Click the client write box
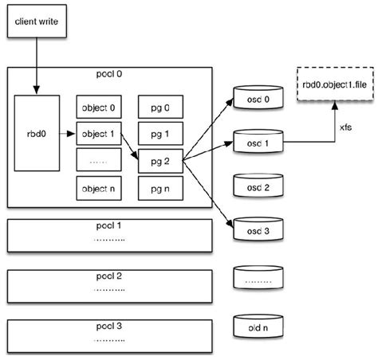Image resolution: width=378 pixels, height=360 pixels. tap(37, 22)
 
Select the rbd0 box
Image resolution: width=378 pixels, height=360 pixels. tap(37, 133)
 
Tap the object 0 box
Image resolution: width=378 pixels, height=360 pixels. tap(99, 107)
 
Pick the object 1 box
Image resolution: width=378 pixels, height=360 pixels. tap(99, 134)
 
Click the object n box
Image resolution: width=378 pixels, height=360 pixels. tap(99, 188)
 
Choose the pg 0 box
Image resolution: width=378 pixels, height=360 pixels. tap(160, 107)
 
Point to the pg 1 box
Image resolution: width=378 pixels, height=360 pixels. tap(160, 134)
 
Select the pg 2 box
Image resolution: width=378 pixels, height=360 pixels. tap(160, 161)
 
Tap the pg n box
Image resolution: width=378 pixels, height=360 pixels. tap(160, 188)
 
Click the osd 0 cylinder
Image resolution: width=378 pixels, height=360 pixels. tap(258, 97)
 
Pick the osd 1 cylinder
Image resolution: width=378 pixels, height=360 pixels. tap(258, 142)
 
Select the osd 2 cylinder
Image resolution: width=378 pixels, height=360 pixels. tap(258, 186)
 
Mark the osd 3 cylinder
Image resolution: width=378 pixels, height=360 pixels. tap(258, 229)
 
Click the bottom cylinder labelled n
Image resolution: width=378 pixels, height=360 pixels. tap(258, 327)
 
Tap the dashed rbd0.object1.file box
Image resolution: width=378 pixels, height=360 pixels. tap(335, 84)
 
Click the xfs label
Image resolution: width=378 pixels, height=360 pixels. tap(345, 127)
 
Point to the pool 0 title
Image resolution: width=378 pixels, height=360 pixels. tap(109, 74)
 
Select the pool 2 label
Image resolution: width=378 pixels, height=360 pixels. tap(109, 276)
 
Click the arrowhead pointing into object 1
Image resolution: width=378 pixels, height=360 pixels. tap(71, 134)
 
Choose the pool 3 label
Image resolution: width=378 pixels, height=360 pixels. tap(109, 326)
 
